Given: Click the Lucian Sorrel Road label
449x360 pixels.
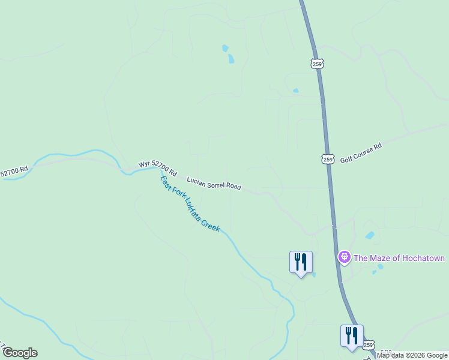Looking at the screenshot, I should coord(214,184).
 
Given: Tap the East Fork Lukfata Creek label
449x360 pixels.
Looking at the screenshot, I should coord(190,203).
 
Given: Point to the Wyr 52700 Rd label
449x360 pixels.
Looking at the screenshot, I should coord(158,168).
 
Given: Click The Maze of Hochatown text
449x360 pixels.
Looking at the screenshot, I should coord(399,258).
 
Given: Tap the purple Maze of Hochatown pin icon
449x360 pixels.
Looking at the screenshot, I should coord(344,257).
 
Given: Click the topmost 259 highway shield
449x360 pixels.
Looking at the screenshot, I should coord(318,64).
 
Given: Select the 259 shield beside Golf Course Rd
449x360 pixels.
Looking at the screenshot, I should coord(327,159).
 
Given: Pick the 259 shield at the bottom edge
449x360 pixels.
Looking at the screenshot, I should coord(369,344).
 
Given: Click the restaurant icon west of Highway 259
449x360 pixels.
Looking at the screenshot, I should coord(301,262).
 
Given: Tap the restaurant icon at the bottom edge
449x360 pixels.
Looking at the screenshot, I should coord(351,335).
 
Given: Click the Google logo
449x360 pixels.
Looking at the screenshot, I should coord(20,353).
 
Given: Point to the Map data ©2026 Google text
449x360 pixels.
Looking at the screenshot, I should coord(412,355).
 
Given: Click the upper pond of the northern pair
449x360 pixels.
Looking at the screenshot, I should coord(225,48).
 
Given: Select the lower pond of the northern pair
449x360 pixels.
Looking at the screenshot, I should coord(231,59).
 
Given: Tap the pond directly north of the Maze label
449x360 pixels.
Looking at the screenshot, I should coord(370,235).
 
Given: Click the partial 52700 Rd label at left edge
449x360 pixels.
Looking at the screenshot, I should coord(14,172).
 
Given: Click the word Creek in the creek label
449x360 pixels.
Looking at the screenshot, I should coord(210,225).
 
